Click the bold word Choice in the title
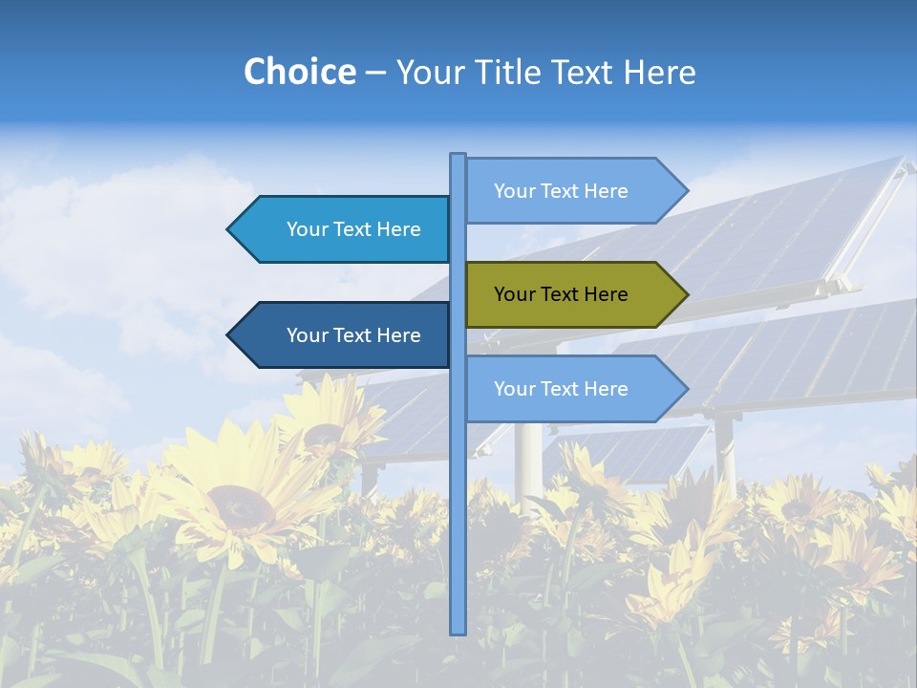click(299, 72)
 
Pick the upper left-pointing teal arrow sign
click(344, 229)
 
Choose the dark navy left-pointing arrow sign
click(344, 335)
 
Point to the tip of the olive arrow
click(686, 294)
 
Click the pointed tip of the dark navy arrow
click(229, 335)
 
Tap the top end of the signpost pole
click(458, 156)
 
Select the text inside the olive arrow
click(561, 294)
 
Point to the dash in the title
click(375, 73)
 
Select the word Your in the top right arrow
click(514, 191)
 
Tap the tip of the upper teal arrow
click(229, 229)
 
